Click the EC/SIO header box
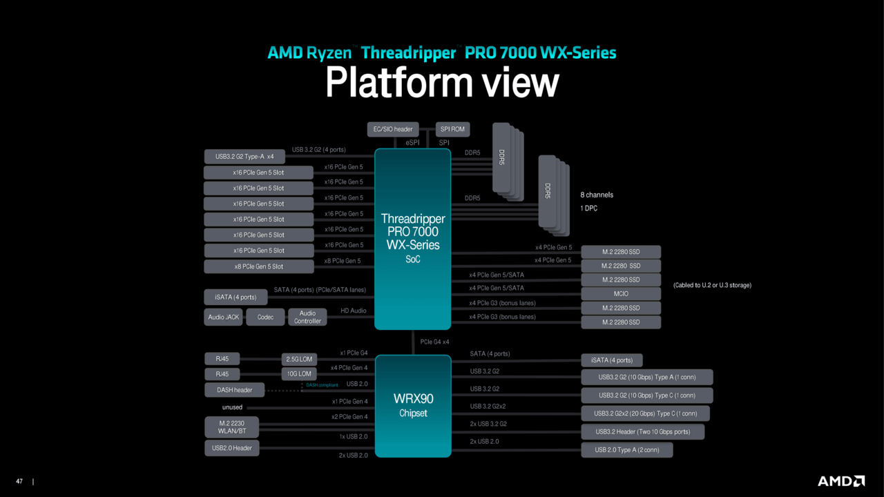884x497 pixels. click(393, 129)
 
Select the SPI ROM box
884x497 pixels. click(452, 129)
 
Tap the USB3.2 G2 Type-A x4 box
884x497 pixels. click(244, 157)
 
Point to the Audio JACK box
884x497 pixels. click(224, 318)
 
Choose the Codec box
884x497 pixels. click(265, 318)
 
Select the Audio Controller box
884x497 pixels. click(307, 318)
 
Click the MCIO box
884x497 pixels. click(621, 294)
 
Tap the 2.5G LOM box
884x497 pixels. click(299, 359)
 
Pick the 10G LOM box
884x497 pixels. click(299, 374)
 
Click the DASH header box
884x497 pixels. click(234, 390)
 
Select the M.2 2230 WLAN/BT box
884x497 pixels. click(231, 427)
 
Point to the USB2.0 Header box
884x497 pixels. click(231, 448)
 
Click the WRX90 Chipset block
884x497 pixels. click(413, 406)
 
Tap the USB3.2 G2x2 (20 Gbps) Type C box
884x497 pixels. click(645, 413)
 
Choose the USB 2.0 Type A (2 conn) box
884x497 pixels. click(626, 450)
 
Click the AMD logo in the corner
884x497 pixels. click(840, 480)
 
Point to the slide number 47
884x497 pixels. click(19, 481)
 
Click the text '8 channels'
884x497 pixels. click(596, 195)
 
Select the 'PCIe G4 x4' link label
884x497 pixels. click(435, 342)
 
